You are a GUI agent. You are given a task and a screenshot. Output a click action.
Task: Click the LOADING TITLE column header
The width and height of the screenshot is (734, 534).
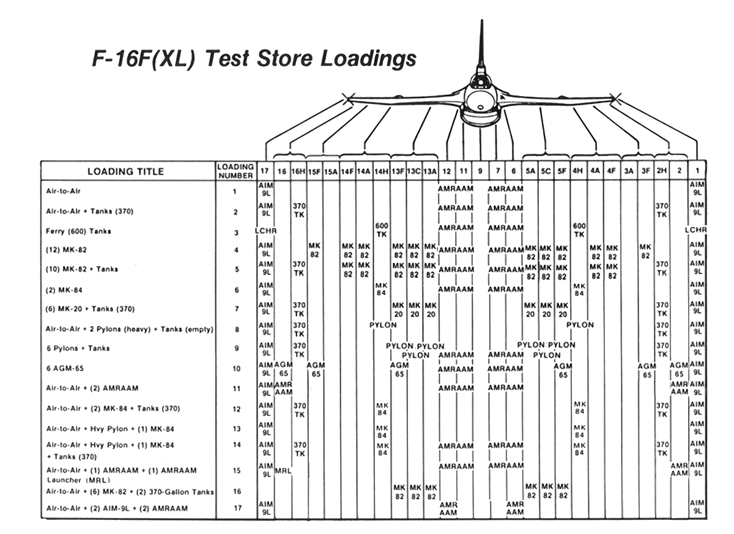click(x=125, y=171)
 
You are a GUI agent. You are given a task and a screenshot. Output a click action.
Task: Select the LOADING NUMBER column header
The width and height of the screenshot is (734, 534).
click(x=235, y=171)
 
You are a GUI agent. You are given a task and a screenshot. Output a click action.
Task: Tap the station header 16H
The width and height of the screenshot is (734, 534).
click(x=298, y=171)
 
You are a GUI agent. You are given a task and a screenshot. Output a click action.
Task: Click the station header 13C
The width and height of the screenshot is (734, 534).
click(x=413, y=171)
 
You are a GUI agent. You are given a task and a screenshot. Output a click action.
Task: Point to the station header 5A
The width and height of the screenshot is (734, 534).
click(x=530, y=171)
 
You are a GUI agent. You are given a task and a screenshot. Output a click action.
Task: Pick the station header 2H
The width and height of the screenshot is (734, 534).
click(x=661, y=171)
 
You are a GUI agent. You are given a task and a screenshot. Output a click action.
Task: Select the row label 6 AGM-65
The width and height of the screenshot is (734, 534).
click(x=63, y=369)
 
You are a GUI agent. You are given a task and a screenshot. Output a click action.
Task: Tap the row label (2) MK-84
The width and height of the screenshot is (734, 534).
click(x=60, y=290)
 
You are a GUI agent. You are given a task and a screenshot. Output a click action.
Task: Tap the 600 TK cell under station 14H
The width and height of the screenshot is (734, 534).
click(x=382, y=230)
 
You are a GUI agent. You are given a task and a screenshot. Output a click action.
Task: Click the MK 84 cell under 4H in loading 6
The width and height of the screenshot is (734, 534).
click(x=579, y=289)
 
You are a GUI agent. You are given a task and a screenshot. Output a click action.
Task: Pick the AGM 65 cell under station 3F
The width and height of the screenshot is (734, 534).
click(x=647, y=369)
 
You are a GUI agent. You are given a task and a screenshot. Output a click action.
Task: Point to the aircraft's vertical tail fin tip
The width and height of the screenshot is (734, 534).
click(x=482, y=23)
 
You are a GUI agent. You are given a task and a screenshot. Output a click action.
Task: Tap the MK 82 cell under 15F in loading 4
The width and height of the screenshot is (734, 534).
click(x=314, y=250)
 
